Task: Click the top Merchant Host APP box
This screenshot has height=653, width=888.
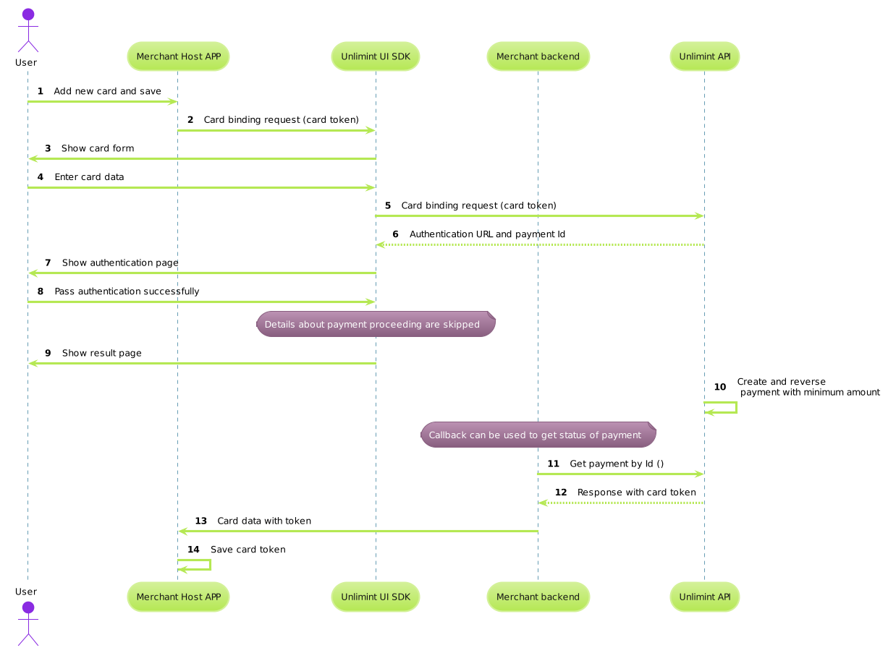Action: click(178, 56)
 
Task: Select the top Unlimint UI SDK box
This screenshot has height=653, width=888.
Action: click(375, 56)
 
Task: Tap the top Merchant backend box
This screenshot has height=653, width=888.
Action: click(538, 56)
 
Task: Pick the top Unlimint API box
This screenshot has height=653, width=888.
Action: click(704, 56)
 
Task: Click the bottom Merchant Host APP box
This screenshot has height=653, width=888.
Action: click(178, 597)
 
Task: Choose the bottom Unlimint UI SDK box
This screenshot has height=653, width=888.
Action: click(375, 597)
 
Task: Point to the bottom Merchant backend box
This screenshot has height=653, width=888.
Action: click(538, 597)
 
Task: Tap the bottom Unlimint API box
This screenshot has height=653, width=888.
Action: click(704, 597)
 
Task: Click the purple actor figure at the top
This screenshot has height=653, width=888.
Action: click(28, 30)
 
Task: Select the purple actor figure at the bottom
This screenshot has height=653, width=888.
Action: click(28, 623)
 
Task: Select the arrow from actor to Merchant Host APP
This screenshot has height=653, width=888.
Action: click(101, 101)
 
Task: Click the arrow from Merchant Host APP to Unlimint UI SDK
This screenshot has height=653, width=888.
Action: click(275, 130)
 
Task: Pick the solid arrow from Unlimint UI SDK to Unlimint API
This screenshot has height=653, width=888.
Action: click(539, 215)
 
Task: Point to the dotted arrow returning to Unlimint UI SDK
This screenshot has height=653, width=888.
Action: click(539, 244)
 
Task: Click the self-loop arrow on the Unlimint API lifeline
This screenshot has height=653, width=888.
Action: click(735, 407)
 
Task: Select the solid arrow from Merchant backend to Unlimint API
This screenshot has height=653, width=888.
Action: click(620, 474)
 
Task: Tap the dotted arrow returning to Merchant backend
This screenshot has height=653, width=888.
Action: click(620, 503)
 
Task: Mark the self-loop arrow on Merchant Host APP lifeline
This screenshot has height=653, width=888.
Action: click(209, 564)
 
